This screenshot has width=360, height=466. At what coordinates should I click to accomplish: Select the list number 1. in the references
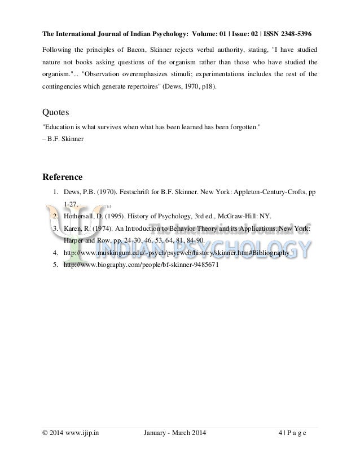click(56, 192)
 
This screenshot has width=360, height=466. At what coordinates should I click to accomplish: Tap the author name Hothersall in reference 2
click(85, 216)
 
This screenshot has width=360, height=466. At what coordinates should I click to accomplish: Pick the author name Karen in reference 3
click(75, 228)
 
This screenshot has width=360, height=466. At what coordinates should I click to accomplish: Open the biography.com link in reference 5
click(141, 265)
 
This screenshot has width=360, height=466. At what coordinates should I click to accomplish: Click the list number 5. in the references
click(56, 265)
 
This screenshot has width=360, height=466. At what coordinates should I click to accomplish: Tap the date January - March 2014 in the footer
click(175, 433)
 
